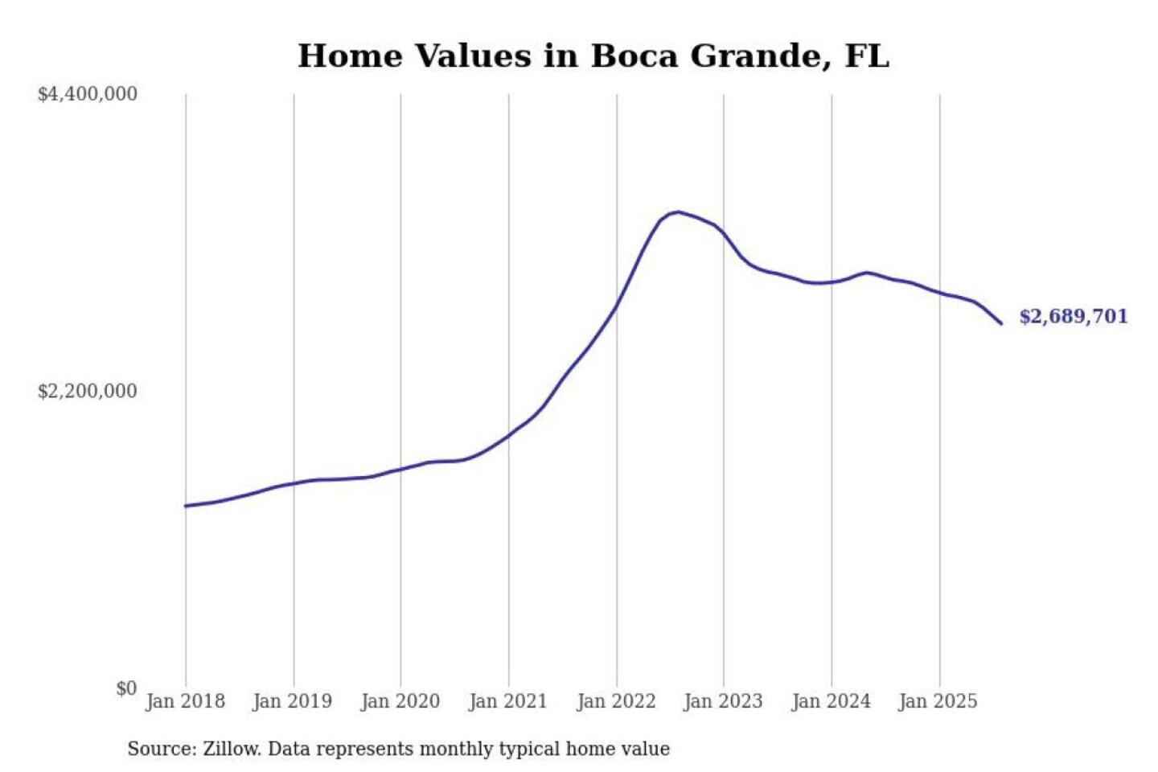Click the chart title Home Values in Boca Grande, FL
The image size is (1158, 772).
[x=593, y=56]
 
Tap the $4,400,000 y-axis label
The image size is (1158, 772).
[x=88, y=94]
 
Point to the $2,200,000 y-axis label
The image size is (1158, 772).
[x=88, y=391]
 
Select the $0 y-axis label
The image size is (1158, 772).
[x=125, y=688]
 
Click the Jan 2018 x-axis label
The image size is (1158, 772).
[x=185, y=701]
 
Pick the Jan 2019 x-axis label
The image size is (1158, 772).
[x=292, y=701]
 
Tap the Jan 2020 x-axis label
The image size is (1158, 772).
[x=400, y=701]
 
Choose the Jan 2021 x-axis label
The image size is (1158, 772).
[x=507, y=701]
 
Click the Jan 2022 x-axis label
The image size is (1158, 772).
[x=616, y=701]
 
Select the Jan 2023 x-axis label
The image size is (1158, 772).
[x=723, y=701]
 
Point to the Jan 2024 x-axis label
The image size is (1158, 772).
[x=831, y=701]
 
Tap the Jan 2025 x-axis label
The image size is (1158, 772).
[x=938, y=701]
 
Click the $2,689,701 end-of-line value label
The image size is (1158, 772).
[x=1074, y=316]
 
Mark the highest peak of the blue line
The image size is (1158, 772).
[x=679, y=212]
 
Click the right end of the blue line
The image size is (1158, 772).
[x=1001, y=323]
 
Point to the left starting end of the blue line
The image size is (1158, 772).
[x=186, y=506]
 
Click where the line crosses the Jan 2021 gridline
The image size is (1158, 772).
[x=508, y=436]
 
